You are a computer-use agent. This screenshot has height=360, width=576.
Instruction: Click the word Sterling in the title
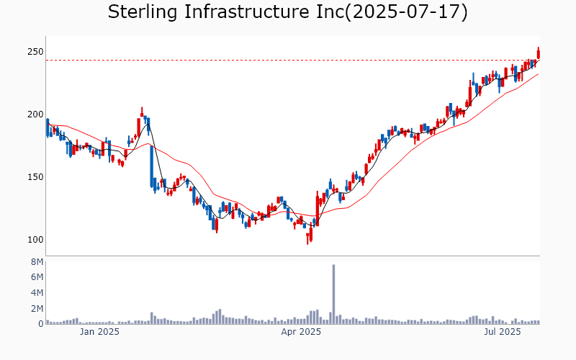143,12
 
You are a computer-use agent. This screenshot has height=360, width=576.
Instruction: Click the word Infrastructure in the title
246,12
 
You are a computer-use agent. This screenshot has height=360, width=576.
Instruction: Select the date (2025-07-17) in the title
407,12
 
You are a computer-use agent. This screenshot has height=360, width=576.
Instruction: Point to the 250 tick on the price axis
35,52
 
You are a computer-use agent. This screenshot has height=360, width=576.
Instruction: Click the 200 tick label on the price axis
35,114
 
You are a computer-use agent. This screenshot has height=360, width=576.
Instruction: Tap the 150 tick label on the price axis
35,176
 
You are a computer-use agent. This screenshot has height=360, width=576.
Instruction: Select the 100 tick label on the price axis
35,239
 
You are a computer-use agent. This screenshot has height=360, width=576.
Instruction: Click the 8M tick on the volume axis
37,262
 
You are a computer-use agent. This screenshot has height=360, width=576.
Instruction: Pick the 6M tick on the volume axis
37,277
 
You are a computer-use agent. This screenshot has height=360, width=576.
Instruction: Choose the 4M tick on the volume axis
37,293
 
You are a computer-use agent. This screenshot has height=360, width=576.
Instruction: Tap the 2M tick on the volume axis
37,308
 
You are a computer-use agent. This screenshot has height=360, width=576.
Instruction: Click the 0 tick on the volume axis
41,323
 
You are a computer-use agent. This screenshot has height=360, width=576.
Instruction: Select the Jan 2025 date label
99,332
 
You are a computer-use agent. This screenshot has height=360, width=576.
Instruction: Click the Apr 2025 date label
301,332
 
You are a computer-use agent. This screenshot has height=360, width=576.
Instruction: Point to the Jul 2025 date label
502,332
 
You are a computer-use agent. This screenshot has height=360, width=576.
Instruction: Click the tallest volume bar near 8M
333,294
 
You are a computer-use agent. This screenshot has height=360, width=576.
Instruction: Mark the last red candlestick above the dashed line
539,53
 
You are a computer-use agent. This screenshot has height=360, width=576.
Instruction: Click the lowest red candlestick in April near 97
308,238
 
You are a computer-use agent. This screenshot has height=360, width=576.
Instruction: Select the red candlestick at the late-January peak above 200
142,112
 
